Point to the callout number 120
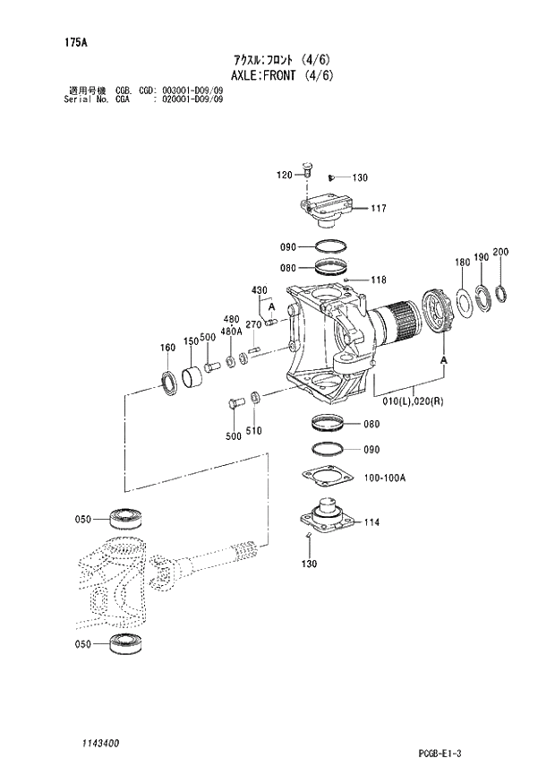coord(284,175)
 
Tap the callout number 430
coord(259,289)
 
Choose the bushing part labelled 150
coord(193,377)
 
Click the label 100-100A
coord(385,478)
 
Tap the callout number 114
coord(372,521)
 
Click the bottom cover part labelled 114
coord(326,518)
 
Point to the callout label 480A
coord(231,331)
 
